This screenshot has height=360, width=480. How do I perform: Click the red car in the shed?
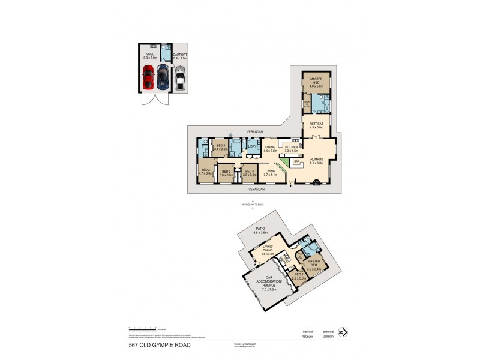(x=148, y=77)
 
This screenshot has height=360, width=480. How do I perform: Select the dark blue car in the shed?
(x=163, y=77)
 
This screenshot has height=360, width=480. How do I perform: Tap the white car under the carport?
(x=180, y=77)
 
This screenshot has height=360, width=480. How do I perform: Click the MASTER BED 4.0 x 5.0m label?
(x=316, y=82)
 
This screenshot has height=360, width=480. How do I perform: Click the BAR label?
(x=296, y=161)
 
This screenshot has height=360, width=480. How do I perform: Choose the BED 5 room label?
(x=220, y=146)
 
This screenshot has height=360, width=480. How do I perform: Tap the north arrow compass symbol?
(x=343, y=331)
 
